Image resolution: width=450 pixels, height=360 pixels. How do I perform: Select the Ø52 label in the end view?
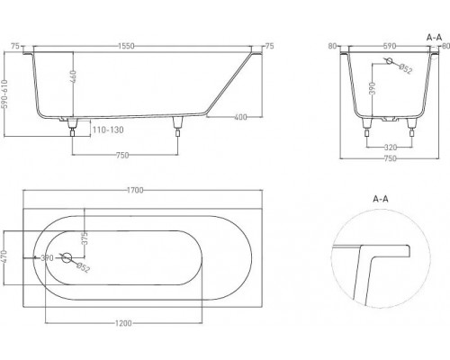click(405, 71)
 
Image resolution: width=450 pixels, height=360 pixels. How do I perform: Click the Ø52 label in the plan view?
click(82, 267)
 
